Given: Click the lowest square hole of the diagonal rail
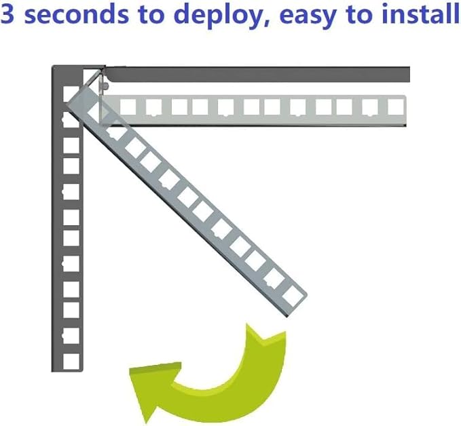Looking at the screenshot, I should tap(293, 296).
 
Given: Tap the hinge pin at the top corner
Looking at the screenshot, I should tap(103, 85).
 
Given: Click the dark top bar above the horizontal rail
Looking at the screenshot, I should tap(258, 74).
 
